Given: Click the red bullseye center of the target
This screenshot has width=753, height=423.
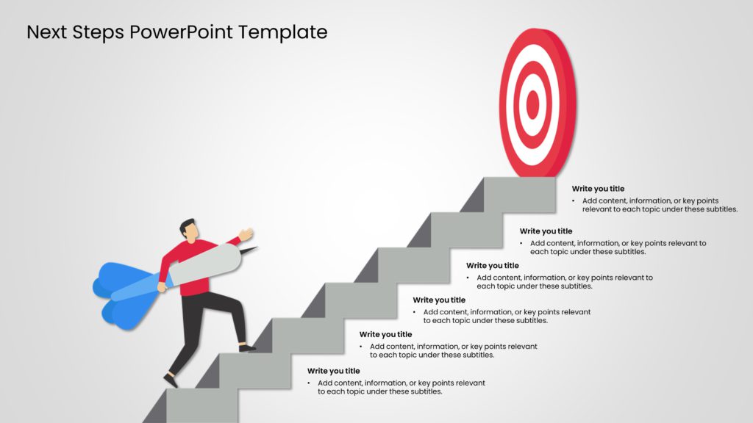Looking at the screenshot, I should (533, 104).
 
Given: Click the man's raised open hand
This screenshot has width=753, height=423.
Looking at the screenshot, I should (246, 235).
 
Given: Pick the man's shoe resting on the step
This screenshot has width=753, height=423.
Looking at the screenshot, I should (248, 347).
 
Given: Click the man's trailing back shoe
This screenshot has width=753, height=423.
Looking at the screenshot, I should (171, 380).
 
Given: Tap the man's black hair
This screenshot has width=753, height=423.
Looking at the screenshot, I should (188, 223).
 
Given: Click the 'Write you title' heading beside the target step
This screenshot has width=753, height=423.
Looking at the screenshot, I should (598, 189).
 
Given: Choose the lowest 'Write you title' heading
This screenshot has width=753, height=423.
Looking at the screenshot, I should (333, 371).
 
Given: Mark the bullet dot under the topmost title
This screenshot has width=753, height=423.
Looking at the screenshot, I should (574, 200).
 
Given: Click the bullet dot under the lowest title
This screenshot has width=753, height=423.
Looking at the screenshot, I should (310, 383).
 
